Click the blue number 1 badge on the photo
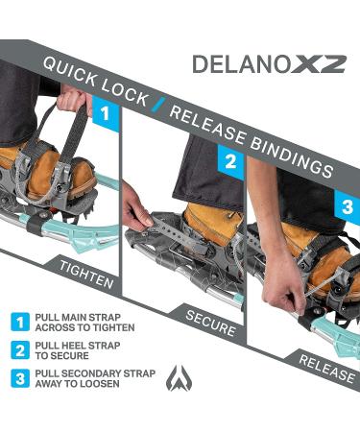point(106,113)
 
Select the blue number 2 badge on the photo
point(230,161)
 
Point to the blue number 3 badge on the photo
point(347,206)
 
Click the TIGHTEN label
point(86,275)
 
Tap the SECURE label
point(210,323)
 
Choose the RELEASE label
point(326,369)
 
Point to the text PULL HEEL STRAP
point(78,346)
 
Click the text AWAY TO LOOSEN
point(77,384)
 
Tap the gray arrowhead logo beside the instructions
point(180,377)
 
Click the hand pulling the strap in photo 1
point(73,98)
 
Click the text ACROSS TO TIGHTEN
point(84,327)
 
